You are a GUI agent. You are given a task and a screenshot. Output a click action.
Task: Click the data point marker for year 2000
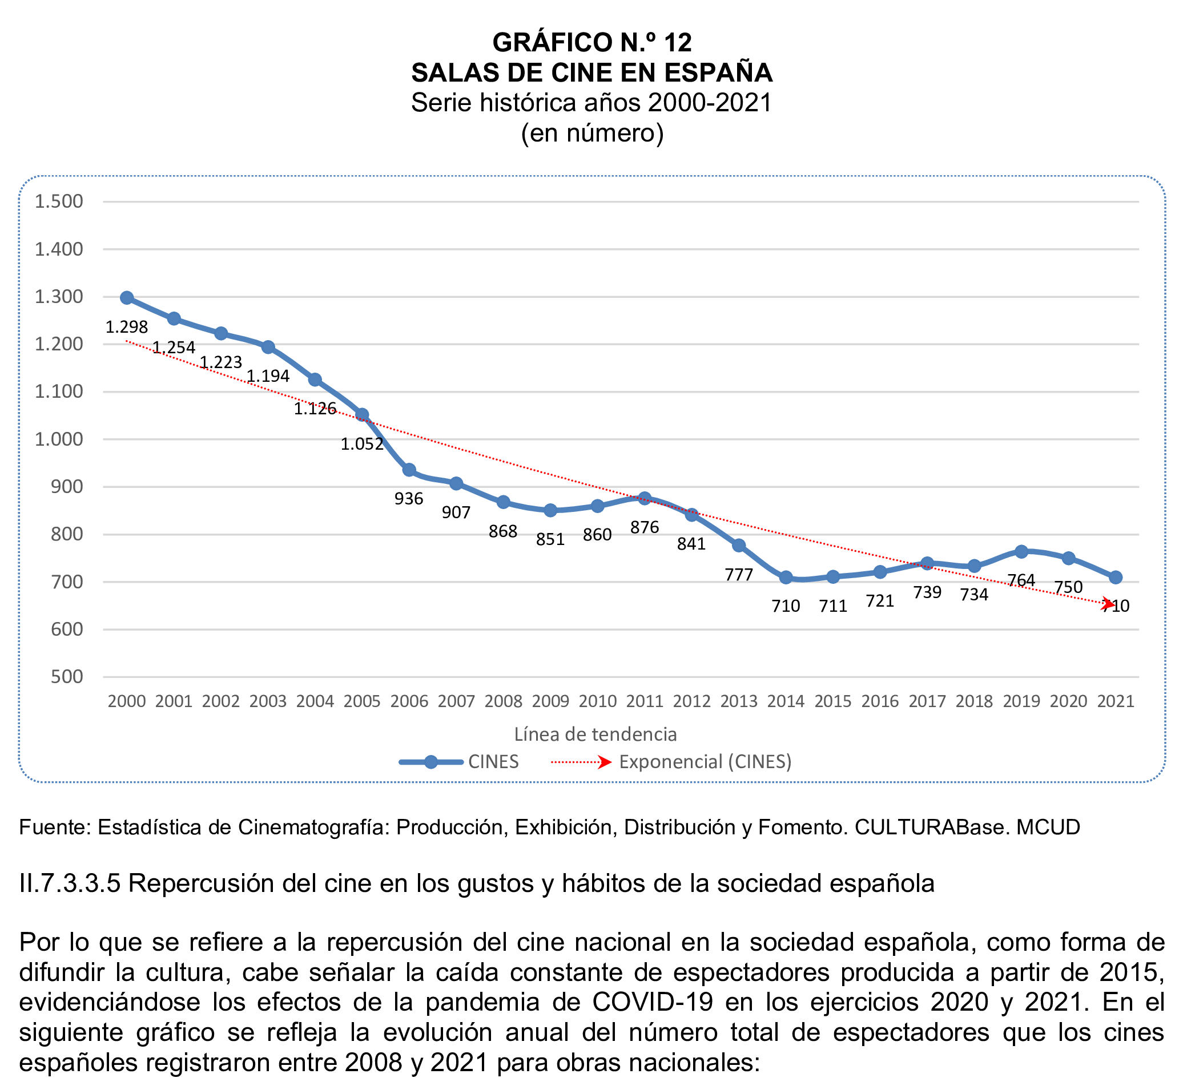point(127,298)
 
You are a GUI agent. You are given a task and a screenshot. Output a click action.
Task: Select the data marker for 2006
point(409,470)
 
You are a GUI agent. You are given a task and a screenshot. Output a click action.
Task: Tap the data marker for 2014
point(786,578)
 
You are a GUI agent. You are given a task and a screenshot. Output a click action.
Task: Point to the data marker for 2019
point(1021,551)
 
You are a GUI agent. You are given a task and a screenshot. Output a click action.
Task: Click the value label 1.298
point(126,327)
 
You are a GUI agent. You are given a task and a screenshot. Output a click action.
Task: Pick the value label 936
point(409,499)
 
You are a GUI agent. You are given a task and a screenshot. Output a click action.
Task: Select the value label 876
point(645,527)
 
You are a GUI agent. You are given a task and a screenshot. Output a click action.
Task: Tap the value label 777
point(739,575)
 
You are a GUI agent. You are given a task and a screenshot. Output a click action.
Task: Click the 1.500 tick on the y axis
point(59,201)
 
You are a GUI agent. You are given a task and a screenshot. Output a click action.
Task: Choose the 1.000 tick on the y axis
point(59,439)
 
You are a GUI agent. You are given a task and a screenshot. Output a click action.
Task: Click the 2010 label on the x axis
point(597,701)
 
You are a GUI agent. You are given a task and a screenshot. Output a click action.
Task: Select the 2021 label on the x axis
point(1115,701)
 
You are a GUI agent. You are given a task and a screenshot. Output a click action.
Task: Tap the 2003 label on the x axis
point(268,701)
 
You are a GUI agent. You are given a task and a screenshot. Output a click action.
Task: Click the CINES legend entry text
point(493,762)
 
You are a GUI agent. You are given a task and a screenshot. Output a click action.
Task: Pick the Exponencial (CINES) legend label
point(705,762)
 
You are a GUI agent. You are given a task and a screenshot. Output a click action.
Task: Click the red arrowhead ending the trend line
point(1108,604)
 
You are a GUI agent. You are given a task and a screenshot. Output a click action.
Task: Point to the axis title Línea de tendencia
point(595,734)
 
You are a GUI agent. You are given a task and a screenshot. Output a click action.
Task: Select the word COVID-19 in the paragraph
point(653,1002)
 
